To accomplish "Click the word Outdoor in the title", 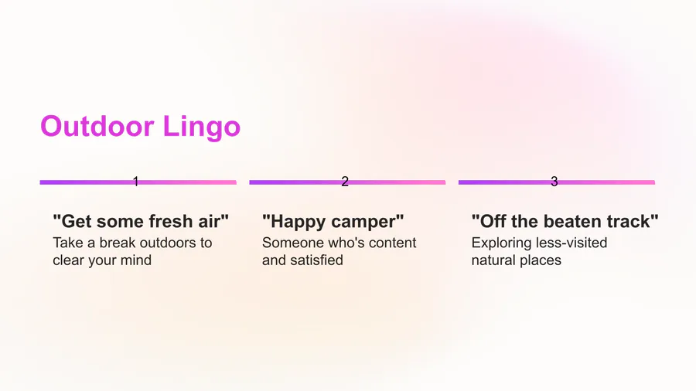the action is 97,127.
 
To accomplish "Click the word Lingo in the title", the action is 202,128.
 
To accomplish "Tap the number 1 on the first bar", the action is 136,182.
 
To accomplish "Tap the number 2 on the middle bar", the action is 345,182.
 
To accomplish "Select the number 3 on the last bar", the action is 554,182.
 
